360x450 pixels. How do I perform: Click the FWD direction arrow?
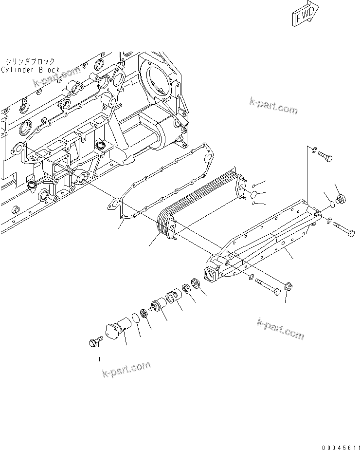tap(305, 14)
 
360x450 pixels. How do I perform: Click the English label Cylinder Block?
tap(30, 70)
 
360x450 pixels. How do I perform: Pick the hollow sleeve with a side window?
tap(173, 297)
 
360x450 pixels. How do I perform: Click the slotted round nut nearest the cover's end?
tap(197, 282)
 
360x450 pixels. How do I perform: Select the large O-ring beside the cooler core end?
tap(253, 195)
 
